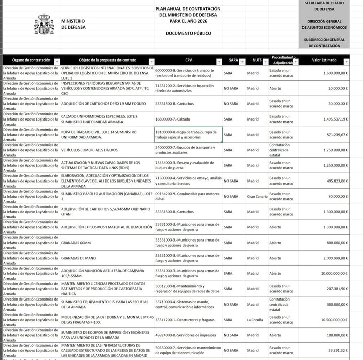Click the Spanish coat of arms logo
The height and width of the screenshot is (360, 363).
(x=44, y=24)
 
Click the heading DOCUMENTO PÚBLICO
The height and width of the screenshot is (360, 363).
(x=188, y=33)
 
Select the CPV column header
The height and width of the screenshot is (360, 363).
(x=188, y=60)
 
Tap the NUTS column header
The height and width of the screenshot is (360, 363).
(x=257, y=60)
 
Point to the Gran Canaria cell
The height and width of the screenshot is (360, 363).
(x=257, y=196)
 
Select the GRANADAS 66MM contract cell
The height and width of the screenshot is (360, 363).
(x=76, y=243)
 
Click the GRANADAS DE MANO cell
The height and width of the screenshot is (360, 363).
(x=78, y=258)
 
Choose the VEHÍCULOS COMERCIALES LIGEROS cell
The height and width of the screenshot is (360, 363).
(x=89, y=150)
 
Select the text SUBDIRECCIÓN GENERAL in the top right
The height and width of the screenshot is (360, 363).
(x=324, y=39)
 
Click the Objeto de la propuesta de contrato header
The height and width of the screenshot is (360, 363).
(x=107, y=60)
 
